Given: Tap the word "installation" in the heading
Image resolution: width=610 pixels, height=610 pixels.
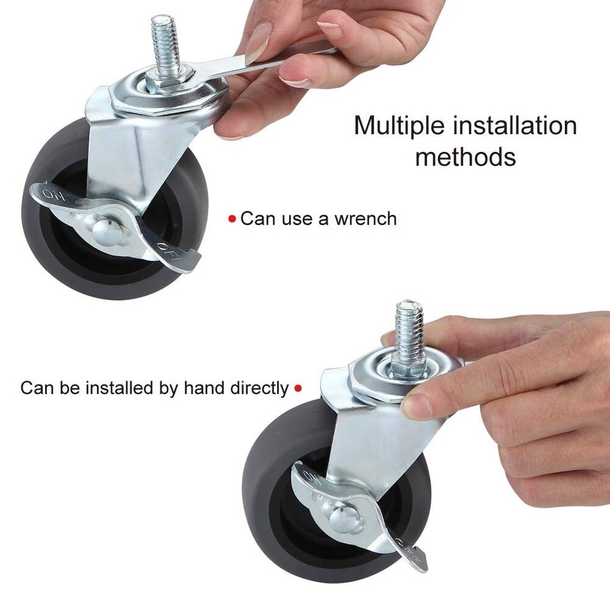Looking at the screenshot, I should [x=513, y=126].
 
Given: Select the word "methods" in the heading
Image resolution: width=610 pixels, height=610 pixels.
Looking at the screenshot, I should [x=465, y=156].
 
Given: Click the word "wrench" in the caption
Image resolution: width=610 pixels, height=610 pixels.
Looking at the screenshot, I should [x=366, y=219].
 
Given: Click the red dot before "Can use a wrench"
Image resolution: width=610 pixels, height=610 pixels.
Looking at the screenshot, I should [x=232, y=219].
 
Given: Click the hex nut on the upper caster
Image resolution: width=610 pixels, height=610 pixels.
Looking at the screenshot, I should [x=164, y=81].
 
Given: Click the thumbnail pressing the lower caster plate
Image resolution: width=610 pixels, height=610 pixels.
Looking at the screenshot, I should [x=416, y=405].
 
